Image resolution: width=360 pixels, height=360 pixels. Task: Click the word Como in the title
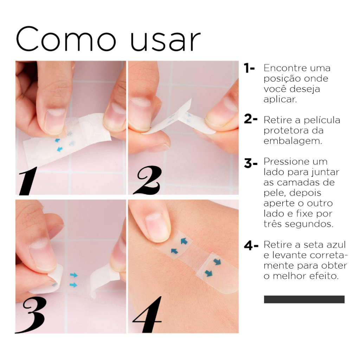(66, 39)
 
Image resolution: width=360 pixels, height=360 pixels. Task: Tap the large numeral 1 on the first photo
(28, 181)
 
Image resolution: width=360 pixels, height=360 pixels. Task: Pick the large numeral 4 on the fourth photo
(147, 314)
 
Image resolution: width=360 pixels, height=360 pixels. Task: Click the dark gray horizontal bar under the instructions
(304, 300)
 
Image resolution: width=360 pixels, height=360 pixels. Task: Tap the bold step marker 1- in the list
(249, 69)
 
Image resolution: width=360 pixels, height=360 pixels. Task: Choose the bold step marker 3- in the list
(250, 163)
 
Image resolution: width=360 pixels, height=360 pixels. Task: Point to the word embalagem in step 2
(293, 141)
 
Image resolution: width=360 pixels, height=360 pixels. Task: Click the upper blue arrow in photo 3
(74, 275)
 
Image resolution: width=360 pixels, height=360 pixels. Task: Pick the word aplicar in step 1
(280, 99)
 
